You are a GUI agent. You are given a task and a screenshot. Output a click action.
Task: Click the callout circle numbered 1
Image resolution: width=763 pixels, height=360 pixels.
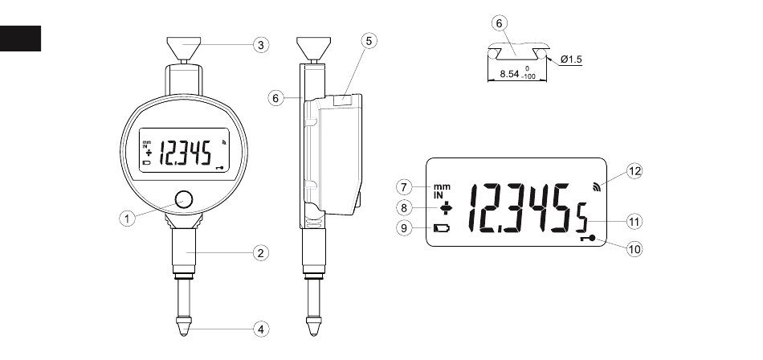pyautogui.click(x=128, y=219)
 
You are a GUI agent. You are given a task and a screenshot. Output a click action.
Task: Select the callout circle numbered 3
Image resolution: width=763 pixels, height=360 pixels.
pyautogui.click(x=261, y=45)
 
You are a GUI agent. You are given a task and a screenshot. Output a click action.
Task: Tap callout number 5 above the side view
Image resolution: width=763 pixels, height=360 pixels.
pyautogui.click(x=369, y=41)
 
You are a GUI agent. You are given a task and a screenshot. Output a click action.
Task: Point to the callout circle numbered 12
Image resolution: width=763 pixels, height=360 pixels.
pyautogui.click(x=634, y=171)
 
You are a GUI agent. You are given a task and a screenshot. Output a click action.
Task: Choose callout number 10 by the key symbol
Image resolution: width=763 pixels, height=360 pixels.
pyautogui.click(x=634, y=249)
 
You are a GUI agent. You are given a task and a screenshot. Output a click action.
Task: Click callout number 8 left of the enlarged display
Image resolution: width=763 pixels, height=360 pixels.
pyautogui.click(x=404, y=208)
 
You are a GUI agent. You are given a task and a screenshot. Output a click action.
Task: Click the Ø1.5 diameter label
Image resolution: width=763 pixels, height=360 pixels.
pyautogui.click(x=571, y=59)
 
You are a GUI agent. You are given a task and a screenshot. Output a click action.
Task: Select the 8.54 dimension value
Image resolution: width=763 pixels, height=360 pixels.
pyautogui.click(x=509, y=74)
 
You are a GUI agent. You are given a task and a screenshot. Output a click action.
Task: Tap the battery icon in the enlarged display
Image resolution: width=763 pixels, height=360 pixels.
pyautogui.click(x=443, y=227)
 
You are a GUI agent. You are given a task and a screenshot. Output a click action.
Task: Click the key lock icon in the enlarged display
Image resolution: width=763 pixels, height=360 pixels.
pyautogui.click(x=588, y=239)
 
